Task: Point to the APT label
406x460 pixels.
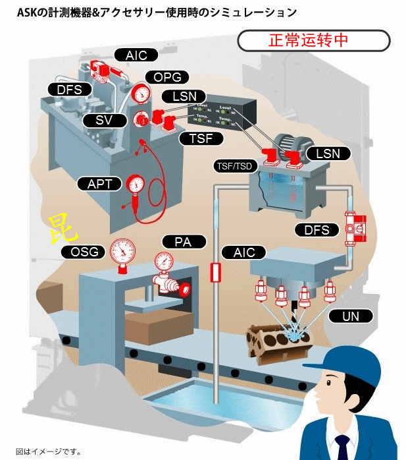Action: pos(100,183)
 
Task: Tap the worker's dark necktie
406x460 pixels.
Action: pos(342,448)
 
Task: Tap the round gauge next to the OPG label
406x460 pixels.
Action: pos(140,94)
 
